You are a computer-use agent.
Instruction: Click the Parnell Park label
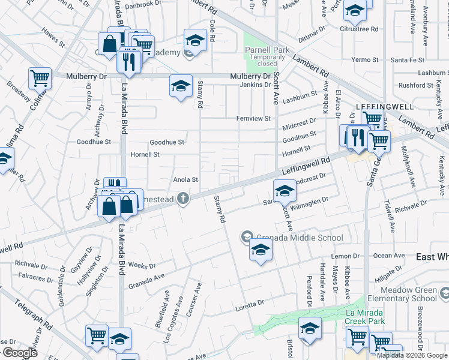point(267,50)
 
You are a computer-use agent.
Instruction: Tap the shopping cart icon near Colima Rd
point(39,77)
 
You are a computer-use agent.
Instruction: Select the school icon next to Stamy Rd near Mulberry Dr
point(180,85)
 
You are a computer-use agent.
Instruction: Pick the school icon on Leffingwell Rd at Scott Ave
point(285,190)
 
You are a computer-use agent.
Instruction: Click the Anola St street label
point(185,179)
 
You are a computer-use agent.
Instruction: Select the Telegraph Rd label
point(26,311)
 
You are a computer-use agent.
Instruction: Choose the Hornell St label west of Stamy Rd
point(145,154)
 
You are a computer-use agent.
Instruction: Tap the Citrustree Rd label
point(359,28)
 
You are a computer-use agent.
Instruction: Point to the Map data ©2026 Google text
point(411,355)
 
